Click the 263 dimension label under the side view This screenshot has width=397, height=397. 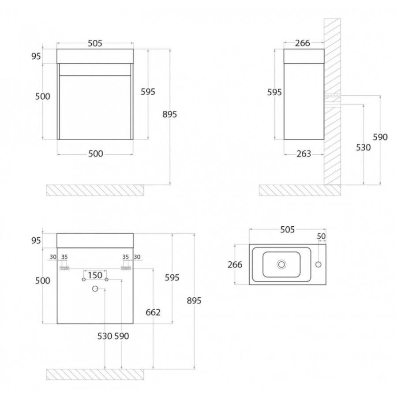pyautogui.click(x=303, y=154)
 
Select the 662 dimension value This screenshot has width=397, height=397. pyautogui.click(x=153, y=312)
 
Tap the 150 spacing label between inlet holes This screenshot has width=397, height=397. pyautogui.click(x=95, y=275)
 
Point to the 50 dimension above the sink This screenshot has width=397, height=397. pyautogui.click(x=321, y=236)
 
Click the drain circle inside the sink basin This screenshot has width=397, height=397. pyautogui.click(x=281, y=265)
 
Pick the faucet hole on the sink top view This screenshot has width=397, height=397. pyautogui.click(x=318, y=265)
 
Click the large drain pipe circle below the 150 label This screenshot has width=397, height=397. pyautogui.click(x=95, y=288)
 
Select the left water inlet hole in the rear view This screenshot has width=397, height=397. pyautogui.click(x=84, y=280)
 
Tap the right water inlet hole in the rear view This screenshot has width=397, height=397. pyautogui.click(x=106, y=280)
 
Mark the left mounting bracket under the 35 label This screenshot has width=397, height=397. pyautogui.click(x=64, y=268)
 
